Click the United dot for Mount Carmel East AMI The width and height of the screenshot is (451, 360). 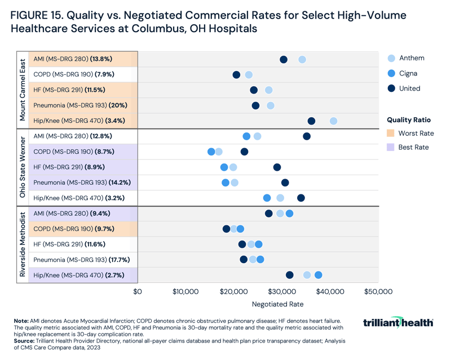pyautogui.click(x=284, y=60)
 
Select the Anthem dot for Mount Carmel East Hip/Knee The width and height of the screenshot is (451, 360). pyautogui.click(x=334, y=121)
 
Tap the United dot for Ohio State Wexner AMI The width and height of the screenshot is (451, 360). pyautogui.click(x=307, y=136)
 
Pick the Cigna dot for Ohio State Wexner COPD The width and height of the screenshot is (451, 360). pyautogui.click(x=211, y=152)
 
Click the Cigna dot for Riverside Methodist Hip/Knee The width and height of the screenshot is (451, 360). pyautogui.click(x=319, y=275)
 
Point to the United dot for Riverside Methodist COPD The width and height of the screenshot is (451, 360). pyautogui.click(x=226, y=229)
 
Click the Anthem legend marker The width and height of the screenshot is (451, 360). pyautogui.click(x=391, y=58)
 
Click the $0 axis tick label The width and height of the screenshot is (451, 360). pyautogui.click(x=137, y=291)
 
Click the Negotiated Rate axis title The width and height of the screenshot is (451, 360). pyautogui.click(x=277, y=304)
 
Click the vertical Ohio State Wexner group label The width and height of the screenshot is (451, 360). pyautogui.click(x=22, y=167)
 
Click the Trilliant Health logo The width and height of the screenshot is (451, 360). pyautogui.click(x=398, y=322)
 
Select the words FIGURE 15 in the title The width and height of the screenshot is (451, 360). pyautogui.click(x=37, y=15)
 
